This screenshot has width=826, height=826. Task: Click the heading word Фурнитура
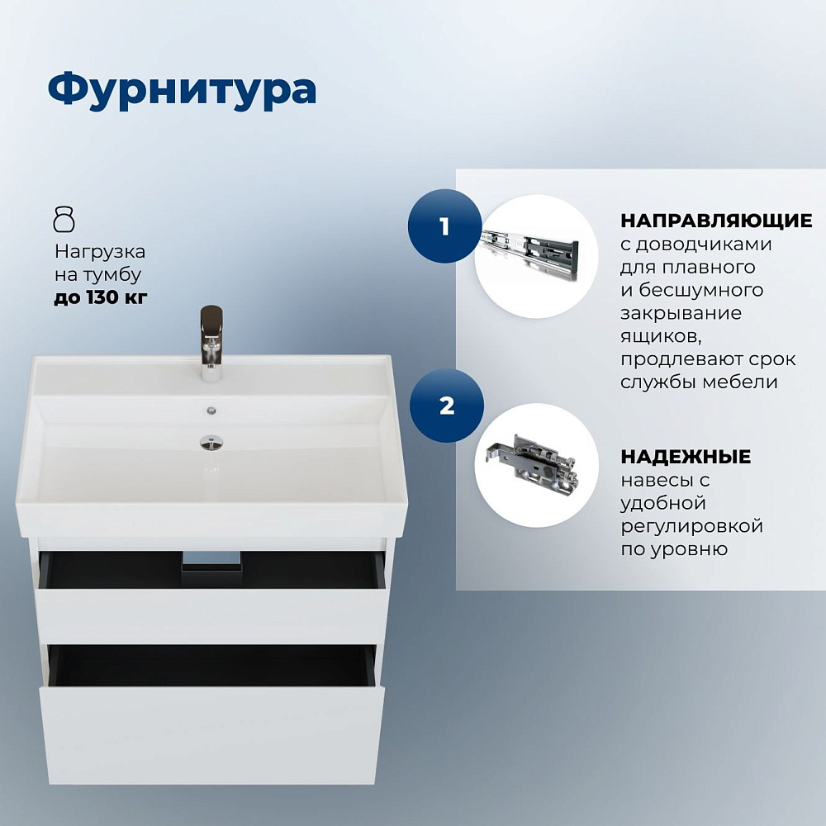pos(182,89)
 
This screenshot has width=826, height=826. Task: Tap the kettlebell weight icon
pos(64,220)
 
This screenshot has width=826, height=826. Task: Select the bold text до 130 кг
pos(101,297)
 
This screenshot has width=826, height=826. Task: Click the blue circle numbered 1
pos(444,226)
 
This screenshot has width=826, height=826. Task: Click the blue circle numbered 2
pos(447,406)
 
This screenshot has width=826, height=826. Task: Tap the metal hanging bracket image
pos(532,459)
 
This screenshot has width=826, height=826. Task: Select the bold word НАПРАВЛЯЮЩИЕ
pos(716,221)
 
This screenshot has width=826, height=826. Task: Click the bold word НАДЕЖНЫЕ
pos(686,457)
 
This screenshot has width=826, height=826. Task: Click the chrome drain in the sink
pos(211,442)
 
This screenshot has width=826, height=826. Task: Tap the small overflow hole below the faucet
pos(211,411)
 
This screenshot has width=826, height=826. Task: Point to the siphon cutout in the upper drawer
pos(211,561)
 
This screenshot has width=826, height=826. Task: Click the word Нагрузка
pos(100,252)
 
